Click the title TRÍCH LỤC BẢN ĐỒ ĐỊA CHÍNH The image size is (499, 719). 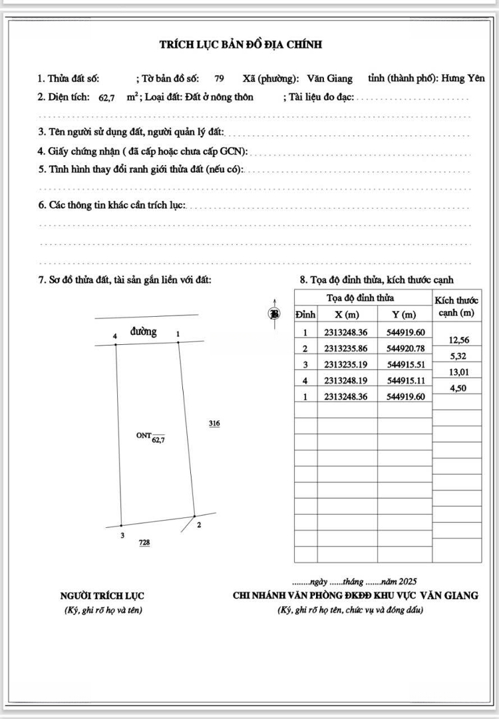[x=240, y=45]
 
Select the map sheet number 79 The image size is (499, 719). [x=219, y=79]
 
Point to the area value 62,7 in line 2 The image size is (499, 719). [x=107, y=98]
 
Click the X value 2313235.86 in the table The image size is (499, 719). [x=346, y=348]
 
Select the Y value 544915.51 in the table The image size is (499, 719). [x=405, y=364]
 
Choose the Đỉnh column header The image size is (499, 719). [x=305, y=314]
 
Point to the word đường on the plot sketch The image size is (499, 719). [x=144, y=332]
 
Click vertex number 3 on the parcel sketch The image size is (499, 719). [x=122, y=535]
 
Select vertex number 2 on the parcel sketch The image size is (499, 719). [x=199, y=525]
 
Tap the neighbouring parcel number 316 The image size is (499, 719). [x=214, y=423]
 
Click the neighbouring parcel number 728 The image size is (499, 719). [x=144, y=543]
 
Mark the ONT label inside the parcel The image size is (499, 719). [x=144, y=435]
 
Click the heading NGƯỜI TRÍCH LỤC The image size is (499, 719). [x=102, y=596]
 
